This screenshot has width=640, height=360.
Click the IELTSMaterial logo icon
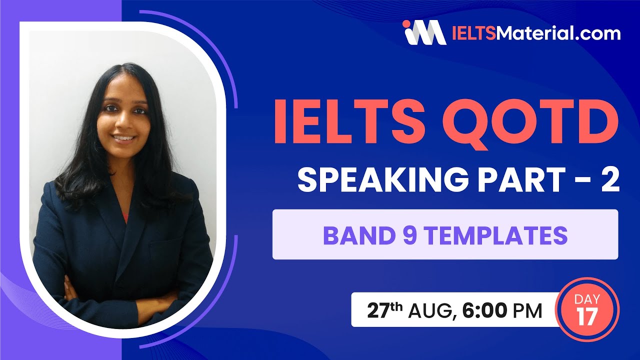[424, 32]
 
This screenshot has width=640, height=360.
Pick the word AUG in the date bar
[430, 311]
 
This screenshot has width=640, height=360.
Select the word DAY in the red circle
[587, 299]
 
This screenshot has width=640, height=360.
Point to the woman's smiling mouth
[125, 138]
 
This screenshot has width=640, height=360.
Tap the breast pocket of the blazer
[165, 245]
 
